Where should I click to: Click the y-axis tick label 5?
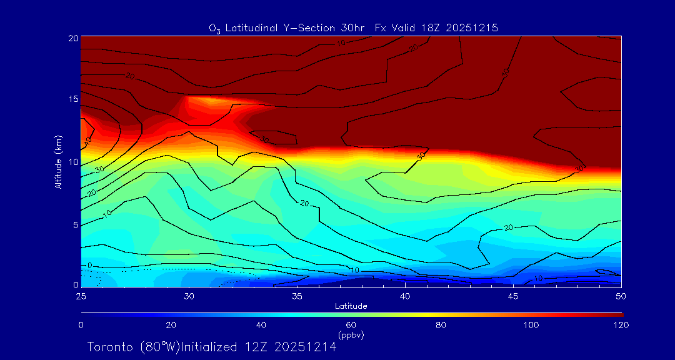click(74, 224)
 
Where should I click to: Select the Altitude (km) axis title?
click(58, 162)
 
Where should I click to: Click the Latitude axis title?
click(351, 306)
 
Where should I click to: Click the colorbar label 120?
click(621, 325)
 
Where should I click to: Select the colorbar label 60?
click(351, 325)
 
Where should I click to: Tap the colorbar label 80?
click(441, 325)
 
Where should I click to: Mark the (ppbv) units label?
click(351, 335)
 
